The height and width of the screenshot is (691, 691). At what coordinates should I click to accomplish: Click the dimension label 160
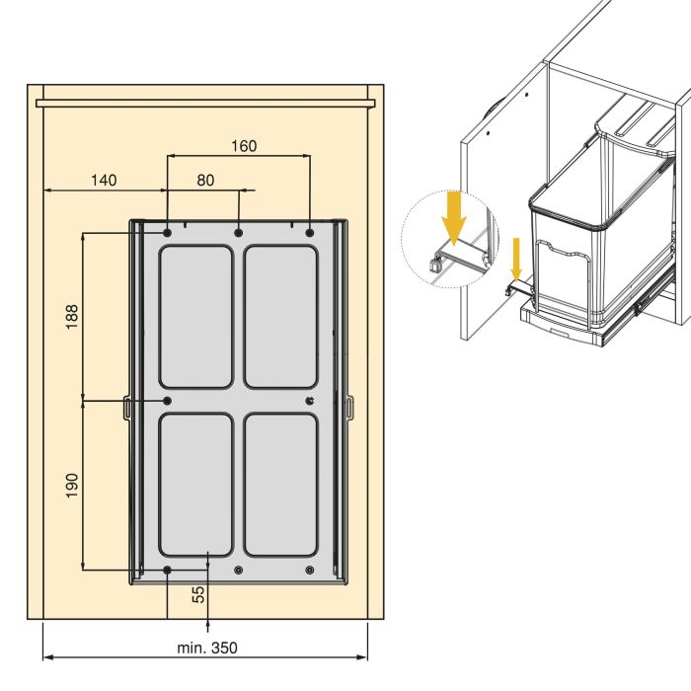244,146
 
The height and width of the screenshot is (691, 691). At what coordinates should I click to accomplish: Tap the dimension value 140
104,181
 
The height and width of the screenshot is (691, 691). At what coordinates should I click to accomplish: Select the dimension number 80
205,181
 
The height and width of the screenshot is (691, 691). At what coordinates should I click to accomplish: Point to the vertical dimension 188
71,317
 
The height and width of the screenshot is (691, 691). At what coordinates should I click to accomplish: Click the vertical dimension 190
71,486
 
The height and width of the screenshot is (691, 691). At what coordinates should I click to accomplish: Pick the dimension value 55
198,594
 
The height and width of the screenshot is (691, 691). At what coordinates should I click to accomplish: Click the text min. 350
207,648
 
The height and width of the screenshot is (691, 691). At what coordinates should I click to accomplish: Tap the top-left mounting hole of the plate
168,233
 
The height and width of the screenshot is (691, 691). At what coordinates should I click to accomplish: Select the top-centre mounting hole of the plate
239,233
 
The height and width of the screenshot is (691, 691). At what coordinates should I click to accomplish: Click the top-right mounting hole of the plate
310,233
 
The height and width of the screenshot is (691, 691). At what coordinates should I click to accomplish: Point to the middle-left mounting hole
168,401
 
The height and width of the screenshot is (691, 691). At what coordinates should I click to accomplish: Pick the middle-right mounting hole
310,401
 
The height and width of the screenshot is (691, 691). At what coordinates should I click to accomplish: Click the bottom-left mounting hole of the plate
168,570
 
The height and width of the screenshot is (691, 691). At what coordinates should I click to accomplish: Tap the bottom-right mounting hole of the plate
310,570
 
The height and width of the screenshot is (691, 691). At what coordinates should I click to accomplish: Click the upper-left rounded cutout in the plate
195,317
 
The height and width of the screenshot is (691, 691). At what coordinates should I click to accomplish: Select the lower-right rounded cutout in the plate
280,485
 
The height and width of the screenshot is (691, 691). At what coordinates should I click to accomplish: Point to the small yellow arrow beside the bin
516,259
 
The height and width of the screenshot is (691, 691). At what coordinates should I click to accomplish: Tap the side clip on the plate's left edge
126,407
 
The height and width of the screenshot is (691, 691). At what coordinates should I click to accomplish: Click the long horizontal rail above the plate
205,103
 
